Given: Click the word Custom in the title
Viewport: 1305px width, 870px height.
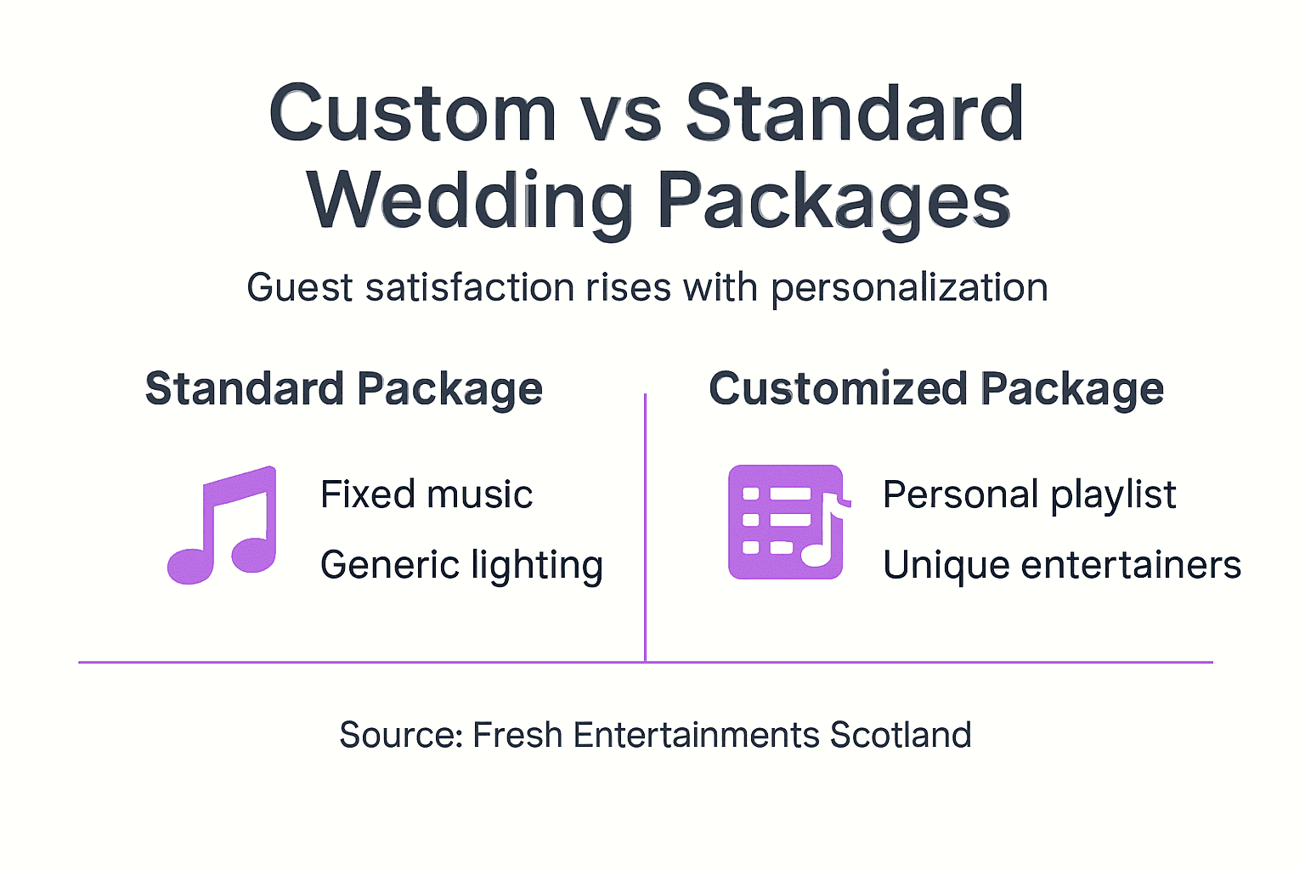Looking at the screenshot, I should coord(412,113).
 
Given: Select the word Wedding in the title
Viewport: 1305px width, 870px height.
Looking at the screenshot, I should coord(470,201).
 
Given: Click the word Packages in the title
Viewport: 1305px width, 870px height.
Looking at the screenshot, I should coord(833,201).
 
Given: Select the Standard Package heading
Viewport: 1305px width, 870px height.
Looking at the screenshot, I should coord(343,389).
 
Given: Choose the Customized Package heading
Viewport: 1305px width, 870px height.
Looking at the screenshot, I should coord(936,389).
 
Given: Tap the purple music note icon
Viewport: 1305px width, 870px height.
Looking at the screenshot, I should coord(223,524).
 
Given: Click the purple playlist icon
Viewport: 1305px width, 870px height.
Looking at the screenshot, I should coord(786,523).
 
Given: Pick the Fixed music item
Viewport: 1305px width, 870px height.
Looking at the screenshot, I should coord(427,494).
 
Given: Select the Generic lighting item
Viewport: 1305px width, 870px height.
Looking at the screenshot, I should coord(461,565).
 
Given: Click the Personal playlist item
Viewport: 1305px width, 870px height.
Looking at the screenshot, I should coord(1029,494).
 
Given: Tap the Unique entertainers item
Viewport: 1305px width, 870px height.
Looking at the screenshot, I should coord(1062,565).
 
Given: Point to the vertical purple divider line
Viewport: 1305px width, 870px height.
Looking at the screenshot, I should coord(646,527).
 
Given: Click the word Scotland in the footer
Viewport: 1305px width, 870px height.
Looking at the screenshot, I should coord(901,735).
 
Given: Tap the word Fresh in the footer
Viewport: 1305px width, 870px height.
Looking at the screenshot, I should coord(517,735).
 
